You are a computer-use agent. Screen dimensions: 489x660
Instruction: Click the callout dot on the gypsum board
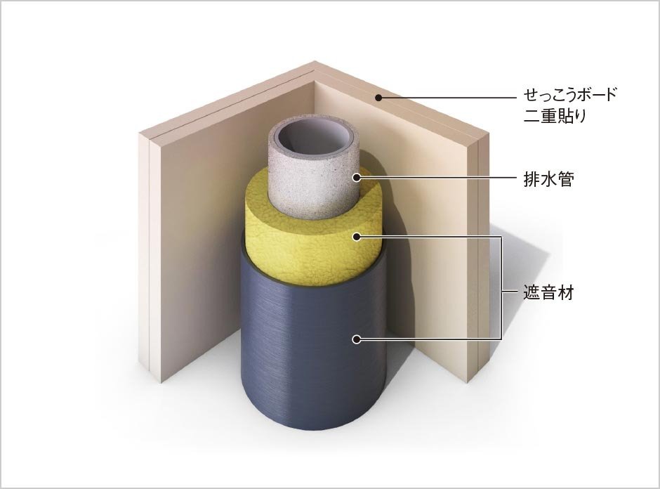[378, 97]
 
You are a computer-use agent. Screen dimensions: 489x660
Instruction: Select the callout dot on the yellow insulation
[356, 237]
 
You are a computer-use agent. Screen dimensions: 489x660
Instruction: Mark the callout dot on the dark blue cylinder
[356, 339]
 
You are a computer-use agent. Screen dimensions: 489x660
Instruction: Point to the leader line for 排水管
[435, 178]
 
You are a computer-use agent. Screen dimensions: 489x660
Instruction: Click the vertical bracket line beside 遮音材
[502, 288]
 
